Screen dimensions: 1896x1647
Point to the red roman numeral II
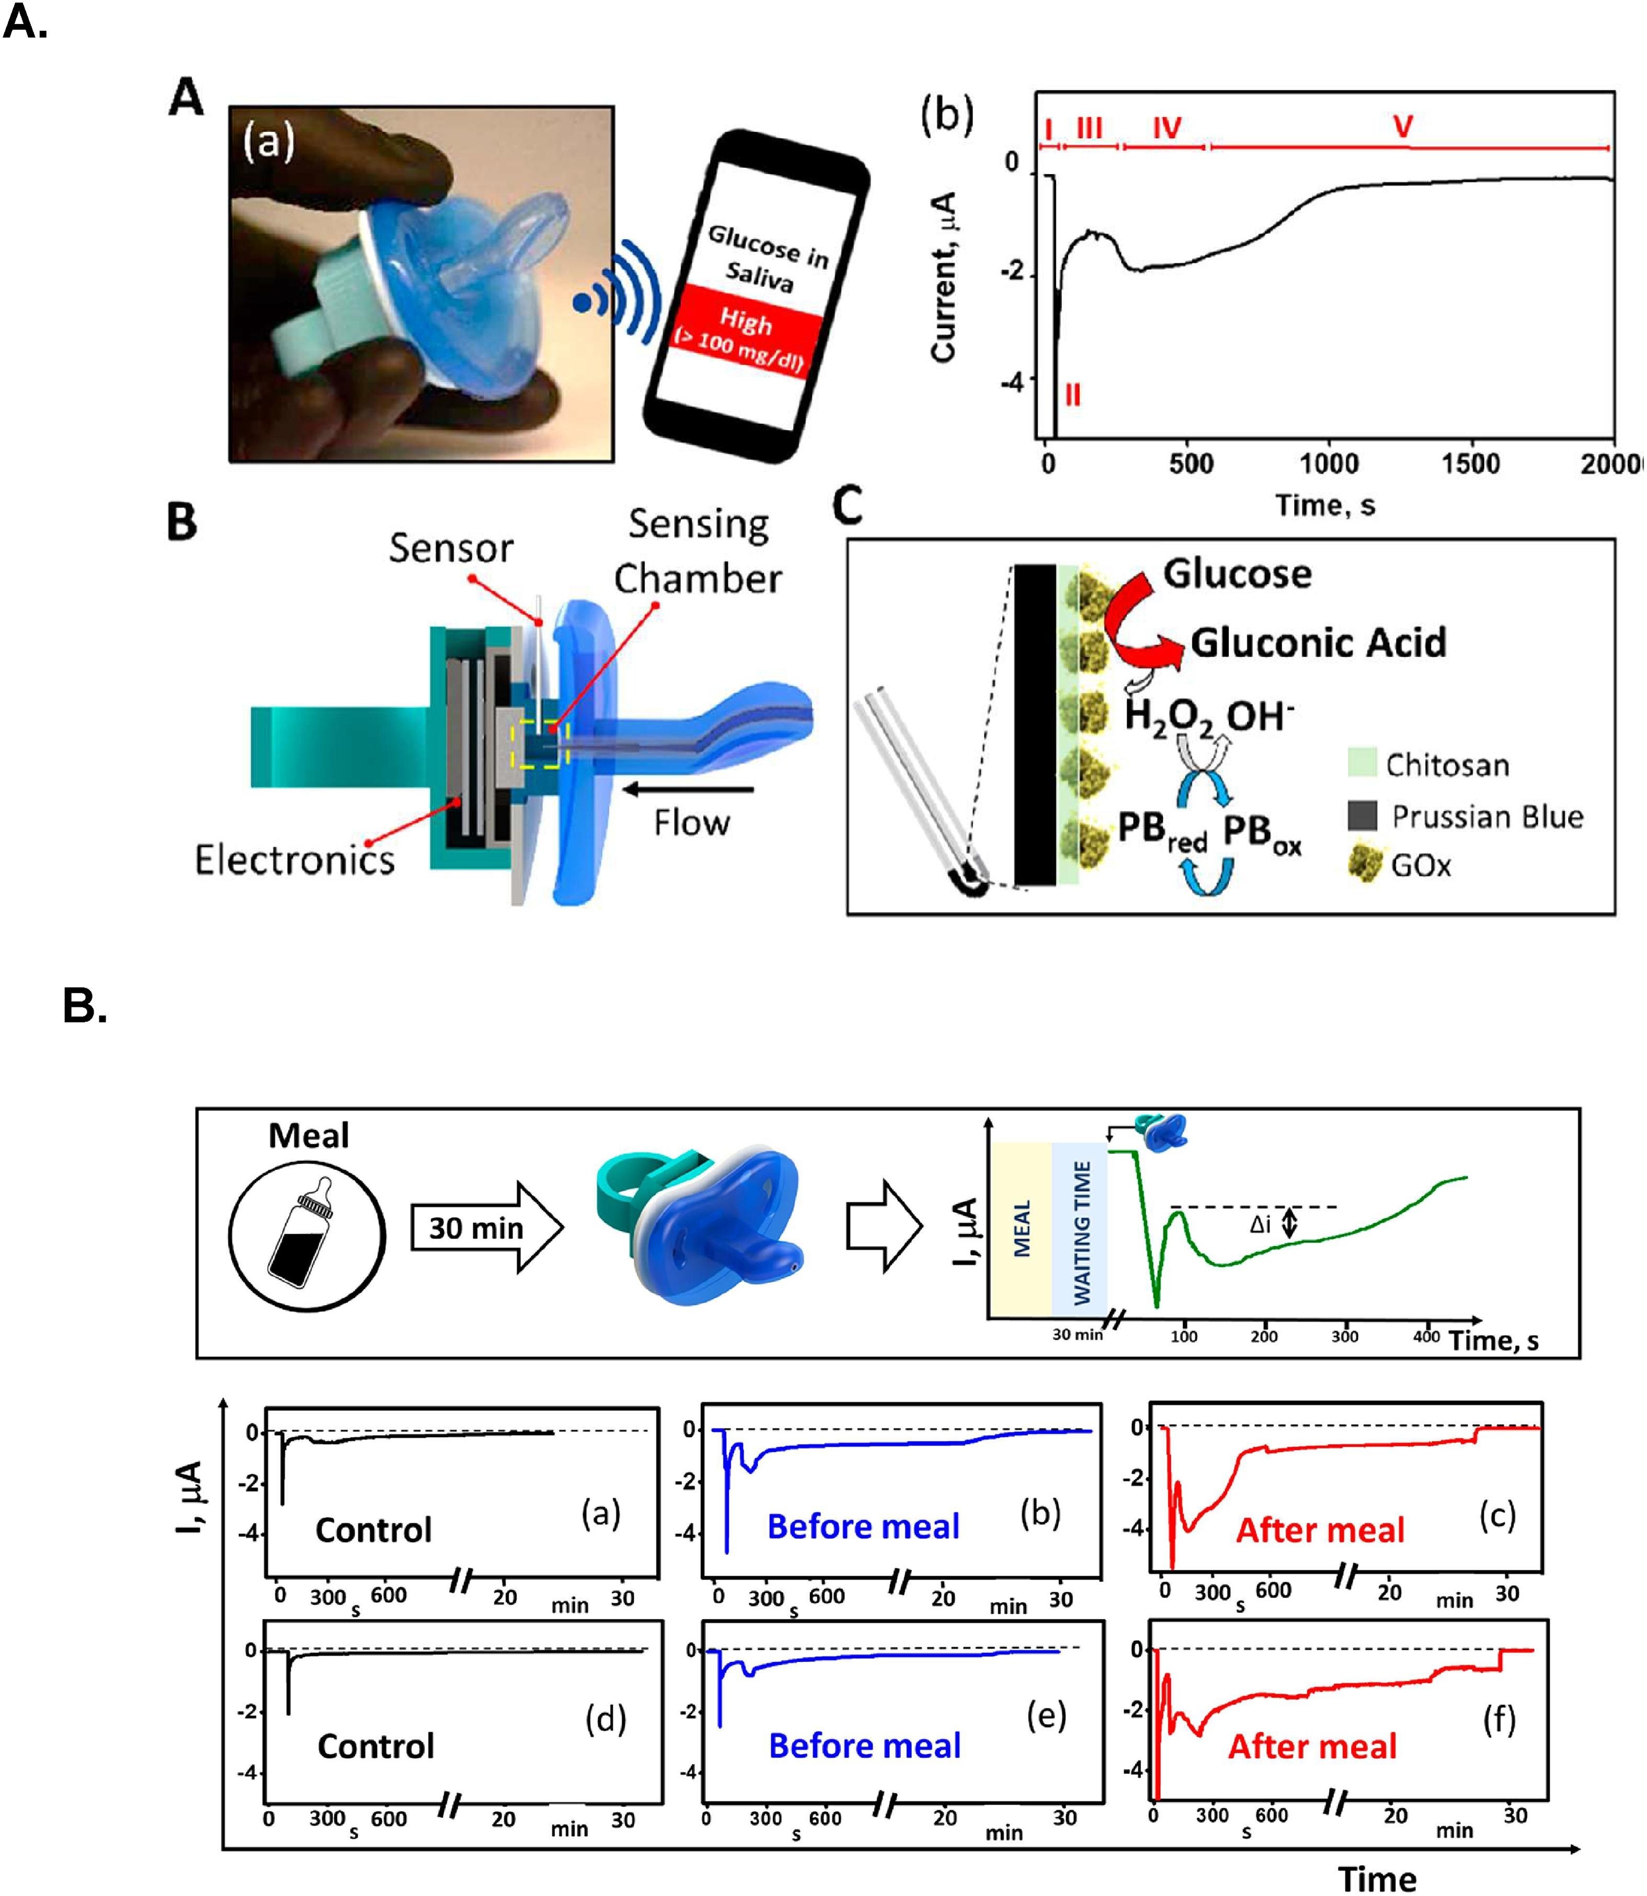(1072, 395)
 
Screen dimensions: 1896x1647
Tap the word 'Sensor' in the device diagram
(450, 548)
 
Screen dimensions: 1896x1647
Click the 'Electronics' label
(294, 859)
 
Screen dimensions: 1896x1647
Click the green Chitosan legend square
(1361, 762)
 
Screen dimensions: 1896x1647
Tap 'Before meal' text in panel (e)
(864, 1745)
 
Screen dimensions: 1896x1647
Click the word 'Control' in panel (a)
(373, 1530)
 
